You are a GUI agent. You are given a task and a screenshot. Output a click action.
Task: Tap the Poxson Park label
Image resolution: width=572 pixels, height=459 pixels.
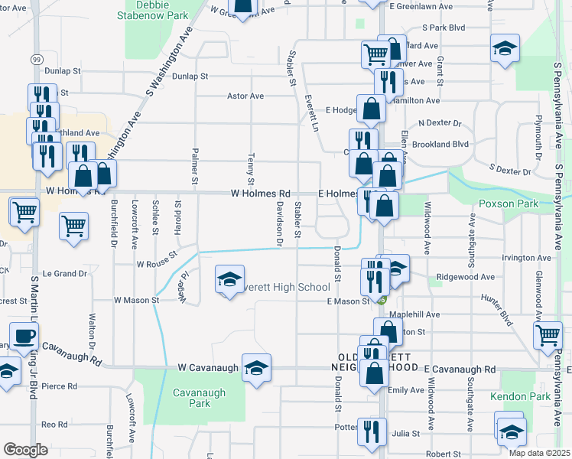[509, 203]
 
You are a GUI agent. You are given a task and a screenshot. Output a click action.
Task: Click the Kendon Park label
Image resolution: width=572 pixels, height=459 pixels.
[528, 397]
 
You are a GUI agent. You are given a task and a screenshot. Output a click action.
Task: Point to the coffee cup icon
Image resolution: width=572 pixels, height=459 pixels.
[24, 336]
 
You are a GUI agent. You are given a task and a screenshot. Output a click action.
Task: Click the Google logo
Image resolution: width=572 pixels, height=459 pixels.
[25, 450]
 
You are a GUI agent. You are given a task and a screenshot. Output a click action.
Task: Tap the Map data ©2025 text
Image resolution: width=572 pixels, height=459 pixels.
[538, 453]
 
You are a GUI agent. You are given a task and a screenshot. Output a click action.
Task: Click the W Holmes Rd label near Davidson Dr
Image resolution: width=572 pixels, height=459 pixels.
[261, 194]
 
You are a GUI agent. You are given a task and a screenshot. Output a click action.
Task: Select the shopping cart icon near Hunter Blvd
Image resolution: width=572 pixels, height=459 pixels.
[548, 334]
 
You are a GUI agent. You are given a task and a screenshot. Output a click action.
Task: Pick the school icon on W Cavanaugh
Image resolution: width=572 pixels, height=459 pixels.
[257, 367]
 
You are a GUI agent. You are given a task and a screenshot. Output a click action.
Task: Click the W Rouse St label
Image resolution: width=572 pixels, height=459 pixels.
[157, 264]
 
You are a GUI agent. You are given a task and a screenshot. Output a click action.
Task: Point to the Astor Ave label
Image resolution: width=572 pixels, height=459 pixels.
[245, 96]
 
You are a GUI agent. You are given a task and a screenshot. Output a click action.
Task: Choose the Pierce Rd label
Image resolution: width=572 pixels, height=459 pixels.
[60, 386]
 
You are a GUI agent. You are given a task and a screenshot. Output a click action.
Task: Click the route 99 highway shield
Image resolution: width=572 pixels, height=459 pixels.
[37, 59]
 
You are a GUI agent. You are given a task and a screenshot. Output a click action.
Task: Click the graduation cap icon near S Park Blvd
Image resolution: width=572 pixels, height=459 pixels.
[504, 48]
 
